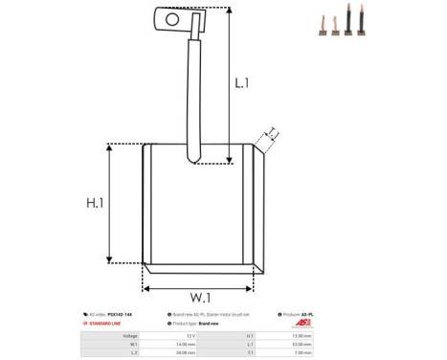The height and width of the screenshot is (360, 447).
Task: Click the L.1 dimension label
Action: tap(241, 83)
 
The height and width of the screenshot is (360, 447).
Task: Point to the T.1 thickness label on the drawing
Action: tap(272, 131)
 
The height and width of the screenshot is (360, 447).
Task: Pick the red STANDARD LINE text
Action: tap(107, 324)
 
